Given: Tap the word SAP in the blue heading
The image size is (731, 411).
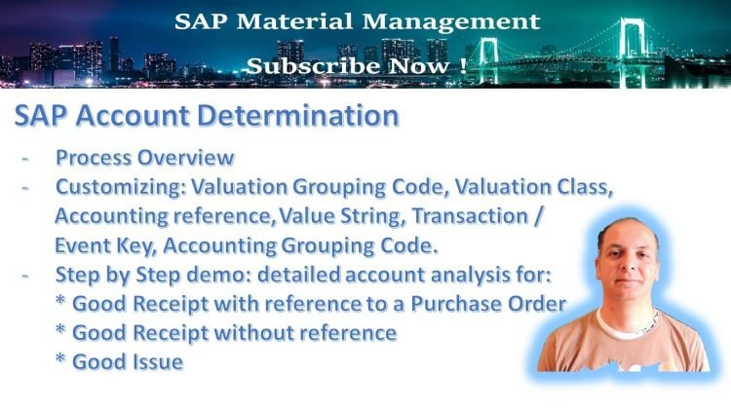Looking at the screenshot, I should click(44, 116).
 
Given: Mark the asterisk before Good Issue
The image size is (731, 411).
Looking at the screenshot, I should click(62, 362).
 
